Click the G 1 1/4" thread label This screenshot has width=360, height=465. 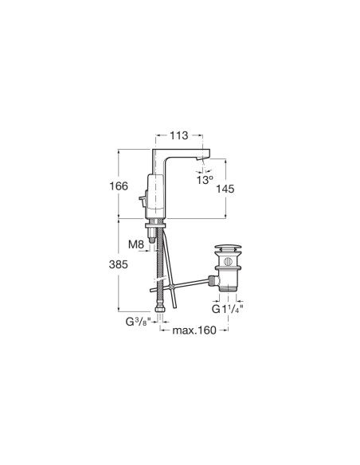click(x=225, y=308)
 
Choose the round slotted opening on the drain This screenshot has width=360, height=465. click(x=228, y=259)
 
